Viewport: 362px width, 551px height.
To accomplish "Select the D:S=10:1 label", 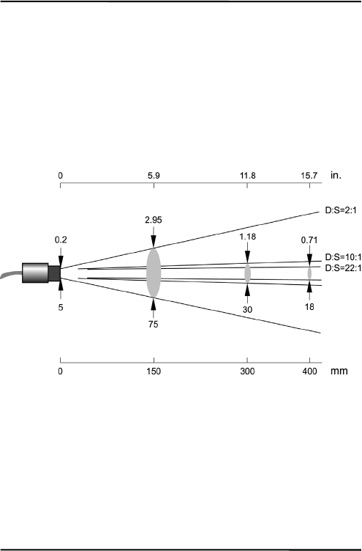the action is click(343, 256).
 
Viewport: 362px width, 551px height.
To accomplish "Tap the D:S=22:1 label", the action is click(343, 268).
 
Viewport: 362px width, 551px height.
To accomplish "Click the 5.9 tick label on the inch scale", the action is click(154, 176).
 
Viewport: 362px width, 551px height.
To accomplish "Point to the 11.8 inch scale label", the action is click(248, 176).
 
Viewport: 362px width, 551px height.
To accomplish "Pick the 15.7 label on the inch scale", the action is click(309, 176).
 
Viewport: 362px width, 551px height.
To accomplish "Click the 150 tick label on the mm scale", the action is click(154, 371).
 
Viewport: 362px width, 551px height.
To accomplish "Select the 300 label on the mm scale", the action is click(247, 371).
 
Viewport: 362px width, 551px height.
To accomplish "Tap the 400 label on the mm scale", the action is click(309, 371).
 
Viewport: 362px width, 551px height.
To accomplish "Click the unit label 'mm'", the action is click(339, 371).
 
